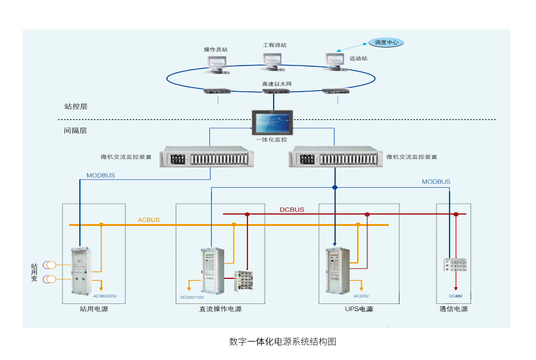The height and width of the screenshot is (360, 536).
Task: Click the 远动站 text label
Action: click(x=358, y=58)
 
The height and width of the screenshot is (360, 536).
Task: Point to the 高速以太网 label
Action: click(x=277, y=84)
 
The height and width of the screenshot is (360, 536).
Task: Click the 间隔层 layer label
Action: click(x=76, y=130)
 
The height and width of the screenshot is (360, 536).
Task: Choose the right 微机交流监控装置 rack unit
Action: click(x=333, y=157)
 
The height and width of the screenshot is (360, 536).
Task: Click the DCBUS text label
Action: click(x=292, y=210)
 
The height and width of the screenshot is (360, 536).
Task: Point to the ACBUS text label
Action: click(x=149, y=220)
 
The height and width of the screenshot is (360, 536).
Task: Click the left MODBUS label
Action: click(x=101, y=176)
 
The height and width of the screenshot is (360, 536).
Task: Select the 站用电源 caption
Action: click(x=94, y=309)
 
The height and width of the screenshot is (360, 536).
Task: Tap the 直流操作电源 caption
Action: click(x=221, y=309)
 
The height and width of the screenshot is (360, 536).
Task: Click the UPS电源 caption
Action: click(x=359, y=309)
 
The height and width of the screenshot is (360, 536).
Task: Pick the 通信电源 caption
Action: click(x=454, y=309)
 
